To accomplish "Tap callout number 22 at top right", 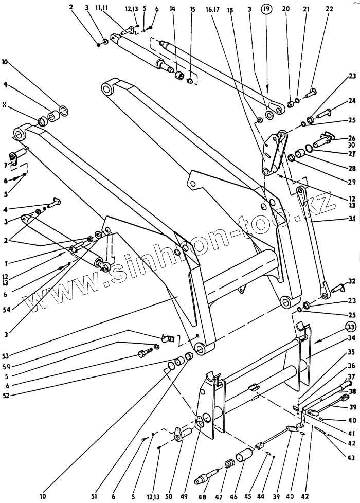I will tap(329, 9).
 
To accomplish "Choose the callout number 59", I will tap(7, 353).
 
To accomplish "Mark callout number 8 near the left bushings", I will tap(5, 104).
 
